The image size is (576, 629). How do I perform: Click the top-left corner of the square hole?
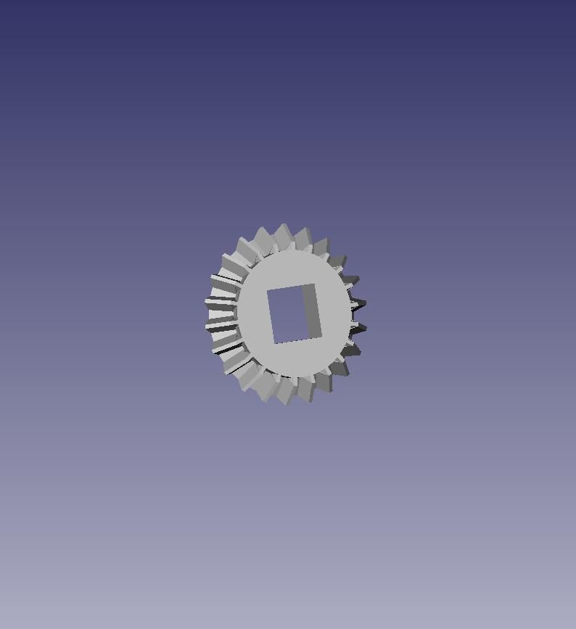click(x=268, y=290)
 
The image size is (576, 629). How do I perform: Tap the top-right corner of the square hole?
click(x=314, y=284)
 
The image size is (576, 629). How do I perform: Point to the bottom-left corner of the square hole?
click(x=274, y=344)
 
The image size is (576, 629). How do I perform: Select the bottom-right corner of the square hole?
click(x=321, y=337)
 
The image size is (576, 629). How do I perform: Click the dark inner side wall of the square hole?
click(x=311, y=311)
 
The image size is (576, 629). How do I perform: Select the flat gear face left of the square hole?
click(x=252, y=316)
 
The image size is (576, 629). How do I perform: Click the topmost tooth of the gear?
click(x=283, y=234)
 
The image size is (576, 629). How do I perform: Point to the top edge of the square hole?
click(x=291, y=287)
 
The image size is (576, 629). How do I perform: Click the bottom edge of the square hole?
click(x=297, y=341)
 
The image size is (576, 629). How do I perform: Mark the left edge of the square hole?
click(x=271, y=317)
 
